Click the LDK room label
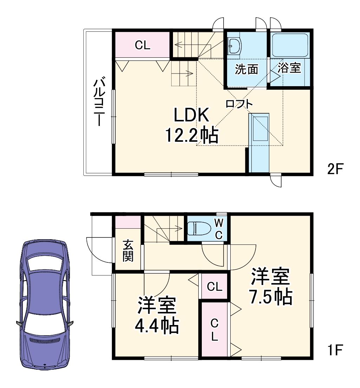[192, 116]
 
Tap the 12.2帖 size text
[192, 135]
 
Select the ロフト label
[239, 104]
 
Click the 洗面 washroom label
[246, 69]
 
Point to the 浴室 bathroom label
[289, 68]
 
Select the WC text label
[219, 229]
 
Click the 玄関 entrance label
[128, 251]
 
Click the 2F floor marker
[335, 169]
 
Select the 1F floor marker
[335, 350]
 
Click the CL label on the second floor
[143, 45]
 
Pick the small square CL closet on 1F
[214, 287]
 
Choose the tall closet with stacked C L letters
[214, 330]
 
